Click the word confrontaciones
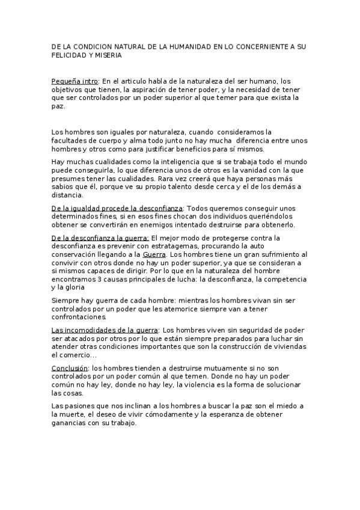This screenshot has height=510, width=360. click(x=79, y=317)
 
